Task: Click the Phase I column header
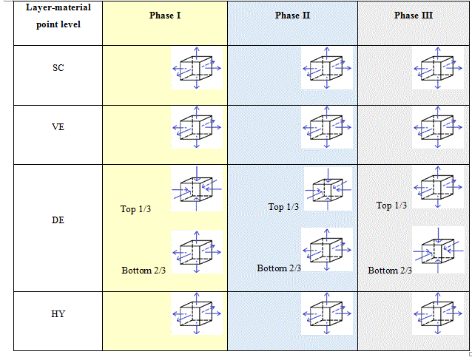[x=165, y=16]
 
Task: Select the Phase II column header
[x=293, y=16]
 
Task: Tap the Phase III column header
[x=414, y=16]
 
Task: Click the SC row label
[x=58, y=67]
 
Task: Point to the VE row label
[x=58, y=126]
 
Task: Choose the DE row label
[x=58, y=220]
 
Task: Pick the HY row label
[x=58, y=314]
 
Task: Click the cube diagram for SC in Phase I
[x=197, y=68]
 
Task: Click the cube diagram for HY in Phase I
[x=197, y=314]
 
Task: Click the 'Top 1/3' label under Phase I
[x=135, y=209]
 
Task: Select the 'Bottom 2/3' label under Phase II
[x=279, y=268]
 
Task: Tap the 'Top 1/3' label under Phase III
[x=391, y=206]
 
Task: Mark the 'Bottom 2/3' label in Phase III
[x=390, y=271]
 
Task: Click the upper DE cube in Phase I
[x=197, y=188]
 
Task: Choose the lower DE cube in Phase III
[x=438, y=251]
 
